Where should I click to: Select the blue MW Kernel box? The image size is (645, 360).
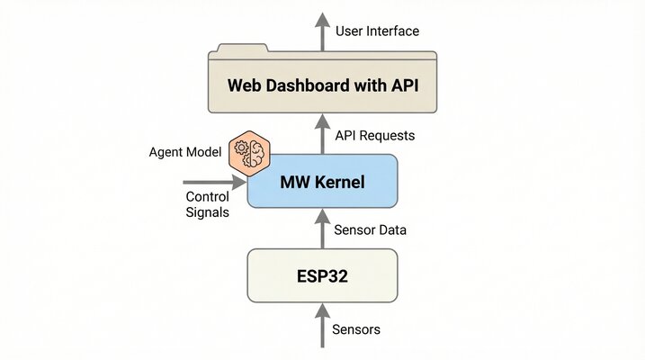(x=322, y=181)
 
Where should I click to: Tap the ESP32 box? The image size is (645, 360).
(x=322, y=275)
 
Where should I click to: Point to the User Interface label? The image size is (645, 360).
(x=377, y=31)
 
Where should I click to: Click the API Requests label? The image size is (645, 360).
(x=375, y=135)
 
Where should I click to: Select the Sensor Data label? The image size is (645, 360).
(x=371, y=229)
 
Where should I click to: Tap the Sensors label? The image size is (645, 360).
(x=357, y=329)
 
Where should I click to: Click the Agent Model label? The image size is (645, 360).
(x=184, y=152)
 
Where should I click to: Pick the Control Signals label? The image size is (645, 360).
(x=207, y=204)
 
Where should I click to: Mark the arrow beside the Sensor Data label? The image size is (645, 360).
(x=322, y=228)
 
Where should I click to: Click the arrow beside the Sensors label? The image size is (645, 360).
(x=322, y=327)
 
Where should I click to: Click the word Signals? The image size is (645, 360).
(x=207, y=212)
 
